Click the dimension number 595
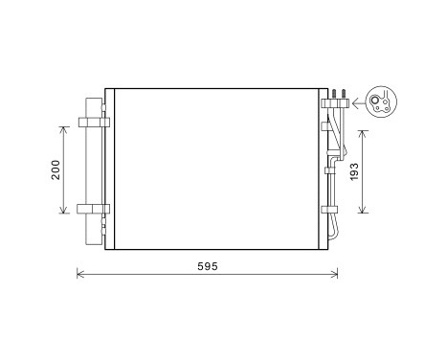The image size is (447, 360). (x=207, y=265)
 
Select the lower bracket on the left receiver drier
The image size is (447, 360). (x=93, y=210)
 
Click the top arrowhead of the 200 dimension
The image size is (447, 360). (x=64, y=126)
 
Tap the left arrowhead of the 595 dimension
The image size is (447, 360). (x=79, y=277)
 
